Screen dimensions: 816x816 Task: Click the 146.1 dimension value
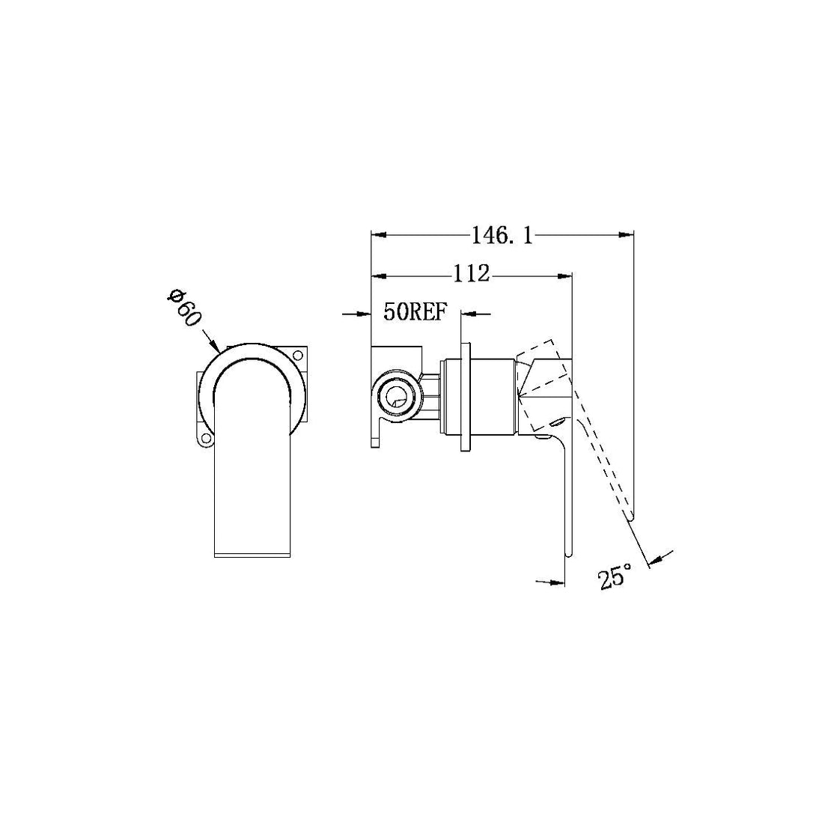[x=502, y=236]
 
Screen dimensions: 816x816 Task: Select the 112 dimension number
[x=470, y=274]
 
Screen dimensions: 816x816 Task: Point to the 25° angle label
[x=615, y=576]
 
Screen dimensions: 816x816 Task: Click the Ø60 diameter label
[x=184, y=307]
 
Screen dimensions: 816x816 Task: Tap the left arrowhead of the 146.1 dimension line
[x=377, y=236]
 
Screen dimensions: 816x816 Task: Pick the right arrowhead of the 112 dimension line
[x=567, y=275]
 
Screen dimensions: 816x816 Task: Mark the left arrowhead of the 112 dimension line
[x=377, y=275]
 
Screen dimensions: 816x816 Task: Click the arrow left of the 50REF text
[x=365, y=314]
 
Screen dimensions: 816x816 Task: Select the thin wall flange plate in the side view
[x=466, y=396]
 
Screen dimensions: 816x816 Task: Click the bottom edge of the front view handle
[x=252, y=555]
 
